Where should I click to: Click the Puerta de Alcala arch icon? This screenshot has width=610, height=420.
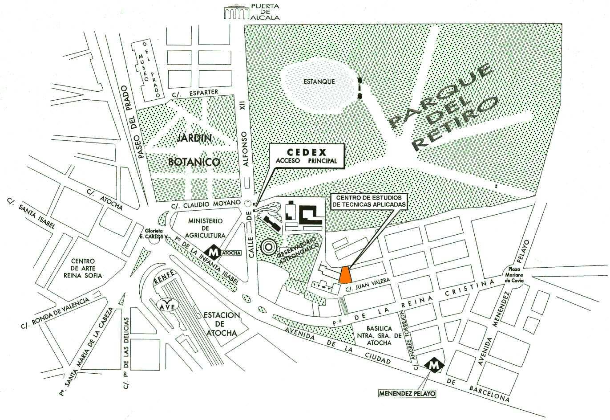[236, 12]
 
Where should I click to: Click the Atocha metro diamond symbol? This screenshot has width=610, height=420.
[214, 252]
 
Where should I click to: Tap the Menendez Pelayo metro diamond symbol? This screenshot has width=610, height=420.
[434, 365]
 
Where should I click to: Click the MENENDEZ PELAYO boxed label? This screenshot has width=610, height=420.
[407, 393]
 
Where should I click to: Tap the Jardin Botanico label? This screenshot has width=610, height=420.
[194, 150]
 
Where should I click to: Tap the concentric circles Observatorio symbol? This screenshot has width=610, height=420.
[268, 246]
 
